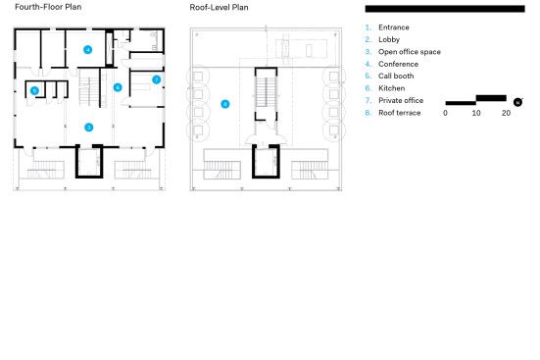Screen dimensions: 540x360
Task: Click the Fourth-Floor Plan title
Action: pos(48,7)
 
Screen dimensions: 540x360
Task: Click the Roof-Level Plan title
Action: pos(219,7)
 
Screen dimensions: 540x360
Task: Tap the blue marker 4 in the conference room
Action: pos(88,50)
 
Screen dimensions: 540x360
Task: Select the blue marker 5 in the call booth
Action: pos(34,90)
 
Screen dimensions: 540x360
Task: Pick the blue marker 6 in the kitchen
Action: pos(118,87)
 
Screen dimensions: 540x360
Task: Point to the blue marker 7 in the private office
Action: pos(157,79)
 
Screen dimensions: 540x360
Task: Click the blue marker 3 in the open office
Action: pos(89,128)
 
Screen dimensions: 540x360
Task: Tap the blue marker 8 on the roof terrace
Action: pos(225,104)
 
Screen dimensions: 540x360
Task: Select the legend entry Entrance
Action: pos(394,27)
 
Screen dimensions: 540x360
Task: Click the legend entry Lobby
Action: pos(389,39)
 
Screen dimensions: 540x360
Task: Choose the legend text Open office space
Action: pos(410,52)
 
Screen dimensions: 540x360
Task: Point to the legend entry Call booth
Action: pos(396,76)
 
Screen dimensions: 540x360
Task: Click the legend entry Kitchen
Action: pos(392,88)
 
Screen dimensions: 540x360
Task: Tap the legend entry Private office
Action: pos(401,100)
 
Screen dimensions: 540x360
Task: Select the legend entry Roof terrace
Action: pos(400,113)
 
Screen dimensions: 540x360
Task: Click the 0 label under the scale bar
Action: pos(445,113)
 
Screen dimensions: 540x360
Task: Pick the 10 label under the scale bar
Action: pos(476,113)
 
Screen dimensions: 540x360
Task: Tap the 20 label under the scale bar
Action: pos(506,113)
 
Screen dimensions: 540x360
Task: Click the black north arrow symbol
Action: pos(517,102)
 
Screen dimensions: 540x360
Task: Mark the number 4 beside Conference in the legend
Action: pos(368,64)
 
